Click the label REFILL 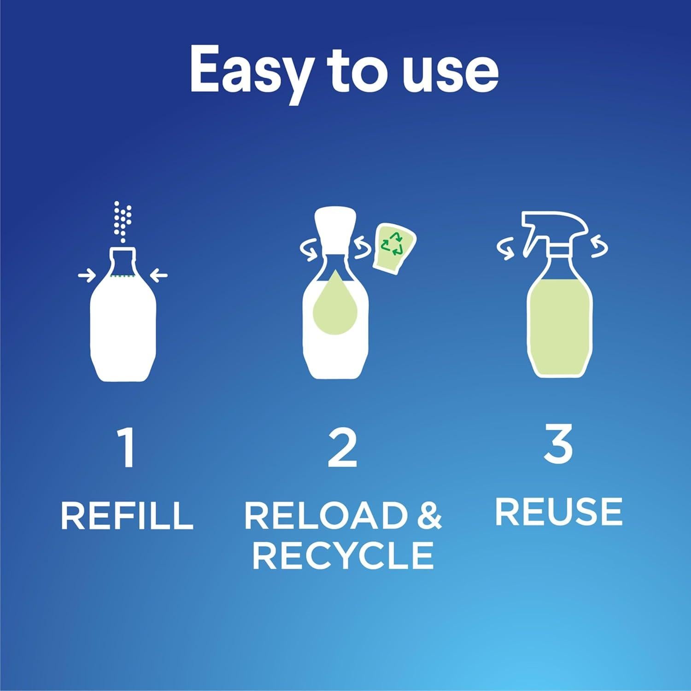click(127, 515)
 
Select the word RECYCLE click(343, 555)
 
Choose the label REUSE click(559, 512)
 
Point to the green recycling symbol click(392, 244)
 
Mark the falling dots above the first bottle click(123, 220)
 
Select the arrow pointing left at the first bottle click(159, 276)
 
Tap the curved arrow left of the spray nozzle click(505, 248)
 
